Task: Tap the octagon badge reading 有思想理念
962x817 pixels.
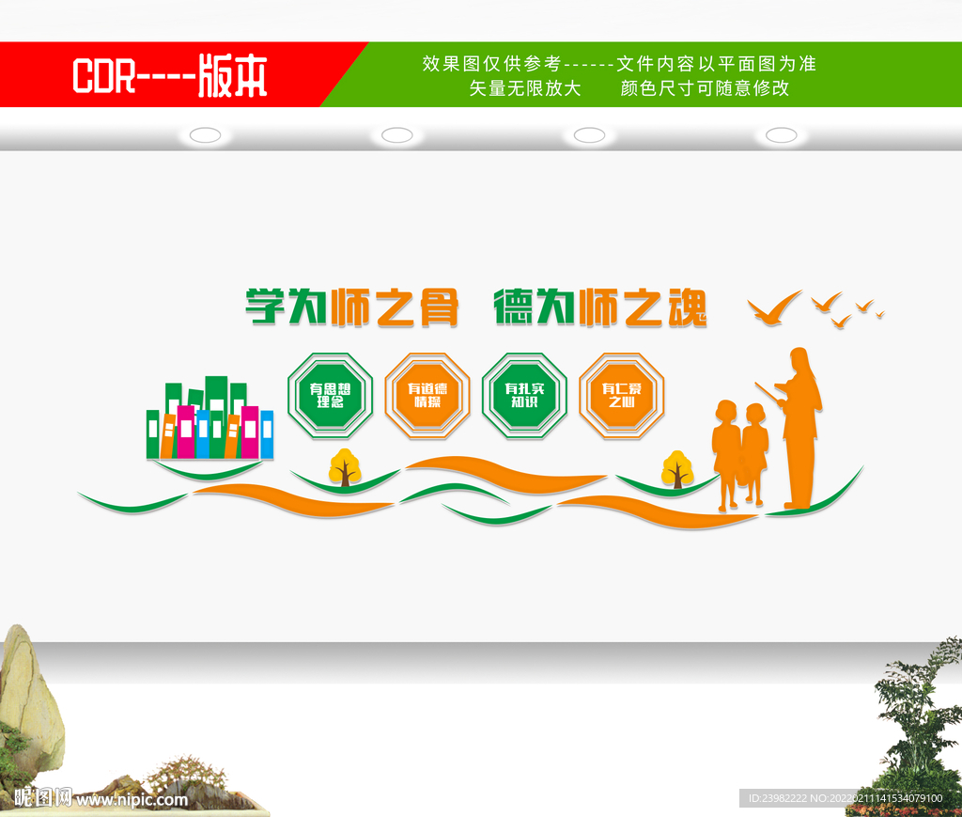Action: (x=330, y=396)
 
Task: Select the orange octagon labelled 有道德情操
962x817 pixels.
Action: (x=427, y=396)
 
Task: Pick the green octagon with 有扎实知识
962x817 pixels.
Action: (x=524, y=396)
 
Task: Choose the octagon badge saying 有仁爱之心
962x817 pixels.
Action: (x=622, y=396)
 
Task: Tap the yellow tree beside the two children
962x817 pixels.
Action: (x=676, y=469)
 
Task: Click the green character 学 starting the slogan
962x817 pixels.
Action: (x=266, y=306)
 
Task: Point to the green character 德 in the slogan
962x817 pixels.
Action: (x=514, y=306)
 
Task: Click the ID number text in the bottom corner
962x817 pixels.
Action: (x=842, y=798)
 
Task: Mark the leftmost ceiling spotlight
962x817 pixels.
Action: (x=205, y=135)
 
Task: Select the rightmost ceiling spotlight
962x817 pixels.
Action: (x=781, y=135)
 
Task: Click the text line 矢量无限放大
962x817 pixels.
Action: (x=525, y=89)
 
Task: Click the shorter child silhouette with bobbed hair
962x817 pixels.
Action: (x=724, y=451)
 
